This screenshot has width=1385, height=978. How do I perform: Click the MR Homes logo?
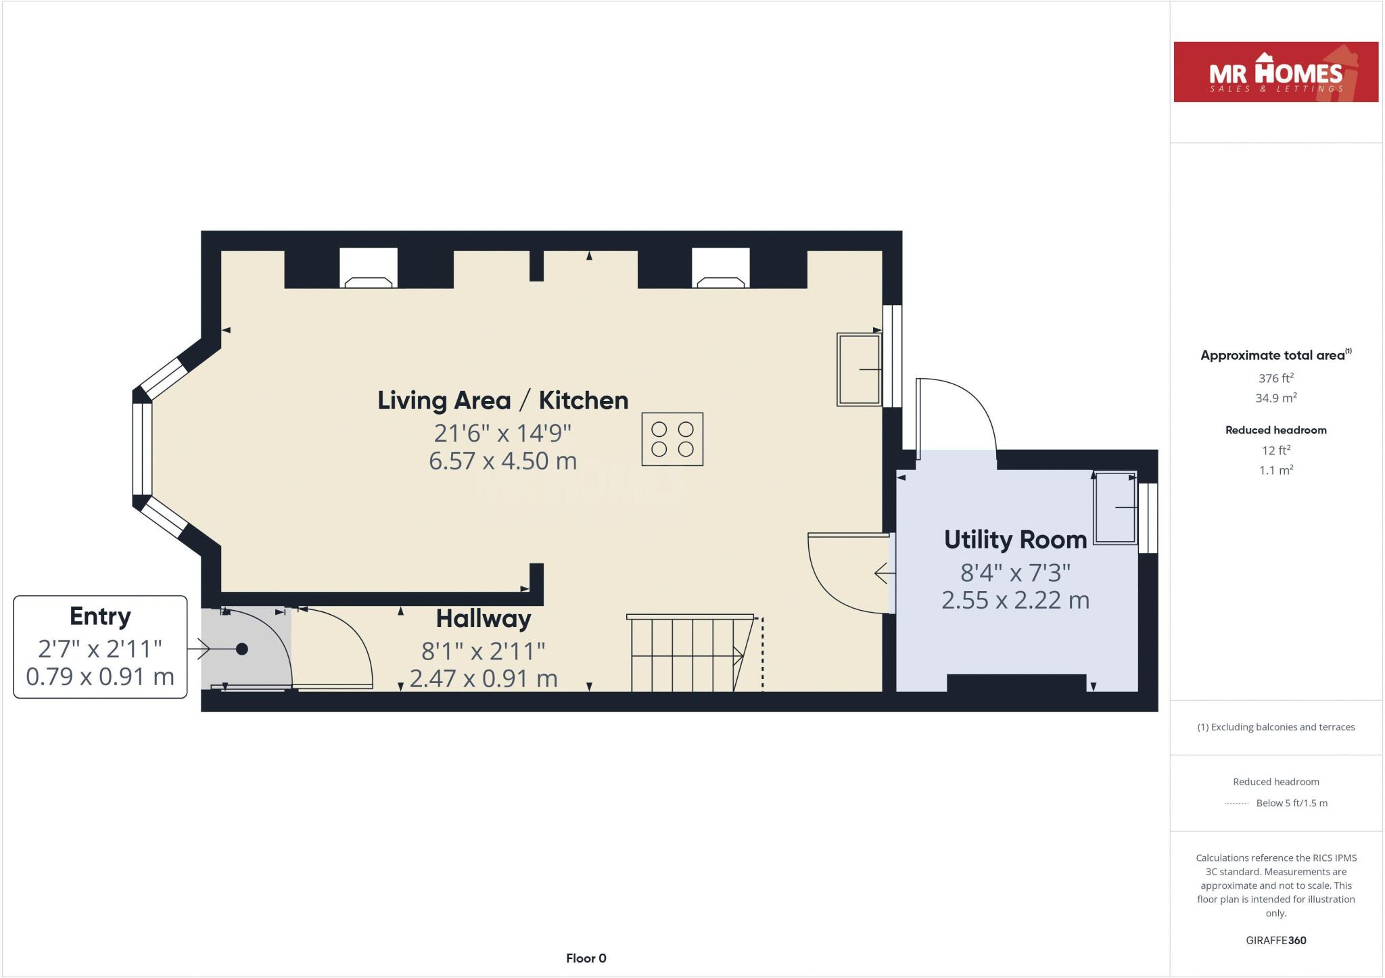point(1275,72)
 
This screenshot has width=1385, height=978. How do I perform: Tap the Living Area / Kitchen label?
point(502,400)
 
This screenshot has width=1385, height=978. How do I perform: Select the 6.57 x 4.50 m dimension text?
point(502,461)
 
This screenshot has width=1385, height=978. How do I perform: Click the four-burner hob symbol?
point(672,439)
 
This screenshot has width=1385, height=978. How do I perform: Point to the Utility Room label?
point(1015,540)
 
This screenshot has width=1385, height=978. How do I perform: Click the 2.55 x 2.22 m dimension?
point(1015,600)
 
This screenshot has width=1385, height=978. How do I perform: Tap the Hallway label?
point(483,618)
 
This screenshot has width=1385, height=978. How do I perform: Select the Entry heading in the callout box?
point(100,616)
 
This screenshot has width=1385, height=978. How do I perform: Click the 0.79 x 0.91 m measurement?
point(100,676)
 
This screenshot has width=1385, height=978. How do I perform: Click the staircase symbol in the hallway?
point(690,653)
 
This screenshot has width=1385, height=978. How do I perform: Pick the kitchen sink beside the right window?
point(859,369)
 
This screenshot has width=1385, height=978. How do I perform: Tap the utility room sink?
point(1115,507)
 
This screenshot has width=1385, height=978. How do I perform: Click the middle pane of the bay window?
point(142,449)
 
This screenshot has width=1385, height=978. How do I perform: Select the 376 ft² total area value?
point(1275,378)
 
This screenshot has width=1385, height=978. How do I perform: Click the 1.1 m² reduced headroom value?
point(1275,470)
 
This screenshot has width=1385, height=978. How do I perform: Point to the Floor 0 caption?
point(586,958)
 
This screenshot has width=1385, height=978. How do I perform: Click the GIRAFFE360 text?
point(1275,940)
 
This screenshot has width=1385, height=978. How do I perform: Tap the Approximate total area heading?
point(1273,355)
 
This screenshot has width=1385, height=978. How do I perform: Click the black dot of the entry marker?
point(241,649)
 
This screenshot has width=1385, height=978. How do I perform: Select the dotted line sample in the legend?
point(1236,804)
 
